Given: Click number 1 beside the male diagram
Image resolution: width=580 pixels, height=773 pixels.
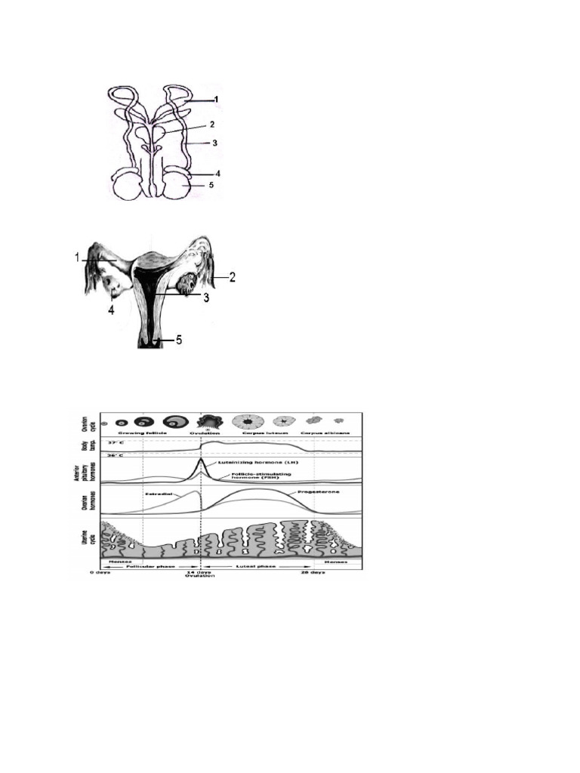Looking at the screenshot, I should tap(216, 99).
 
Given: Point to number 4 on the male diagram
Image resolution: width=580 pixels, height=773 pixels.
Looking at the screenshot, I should tap(217, 173).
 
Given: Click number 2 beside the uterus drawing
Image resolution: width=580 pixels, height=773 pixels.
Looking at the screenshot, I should tap(233, 277).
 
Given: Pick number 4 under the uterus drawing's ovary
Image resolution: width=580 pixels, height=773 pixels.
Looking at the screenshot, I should tap(112, 310).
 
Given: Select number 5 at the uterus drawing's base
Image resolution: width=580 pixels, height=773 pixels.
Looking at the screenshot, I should tap(179, 340).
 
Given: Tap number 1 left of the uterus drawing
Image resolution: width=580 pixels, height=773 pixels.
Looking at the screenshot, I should tap(77, 257).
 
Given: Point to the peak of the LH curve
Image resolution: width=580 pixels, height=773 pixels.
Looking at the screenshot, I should tap(201, 460).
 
